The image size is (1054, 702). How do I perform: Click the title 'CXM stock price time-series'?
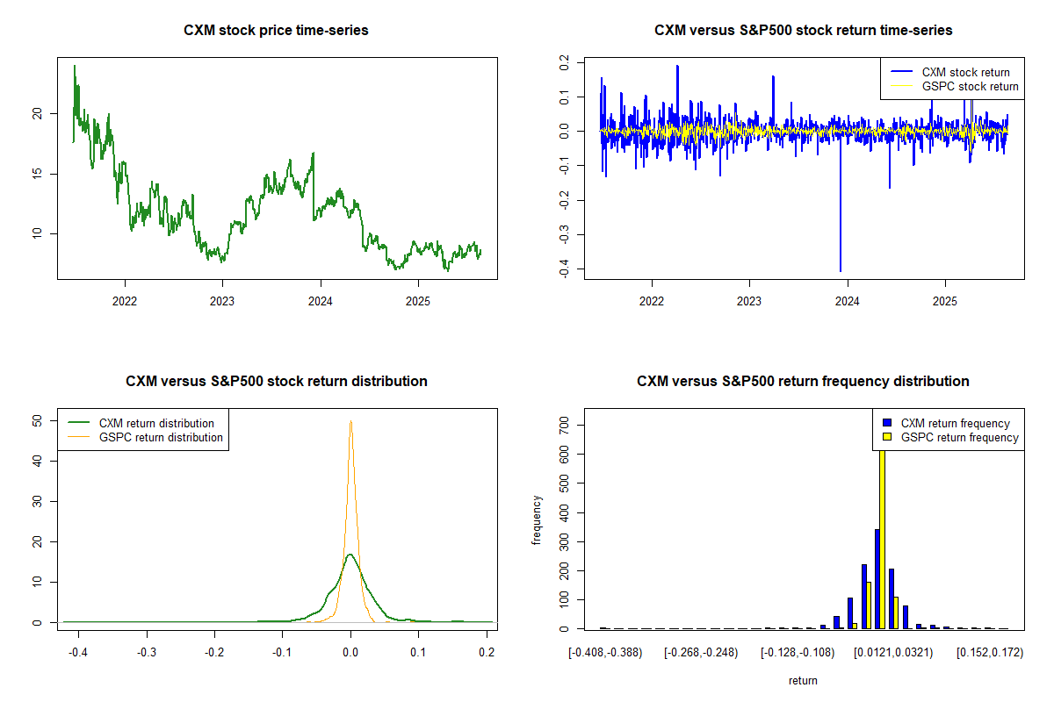[276, 31]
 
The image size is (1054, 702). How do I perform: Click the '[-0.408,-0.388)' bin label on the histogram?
[604, 653]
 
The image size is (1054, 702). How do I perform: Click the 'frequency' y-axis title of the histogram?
[537, 520]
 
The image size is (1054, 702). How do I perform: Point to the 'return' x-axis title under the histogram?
[803, 680]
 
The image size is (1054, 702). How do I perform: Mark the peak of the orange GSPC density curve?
[350, 421]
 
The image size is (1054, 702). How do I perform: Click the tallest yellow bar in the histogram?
[882, 535]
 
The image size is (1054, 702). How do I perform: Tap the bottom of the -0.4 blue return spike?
[841, 271]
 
